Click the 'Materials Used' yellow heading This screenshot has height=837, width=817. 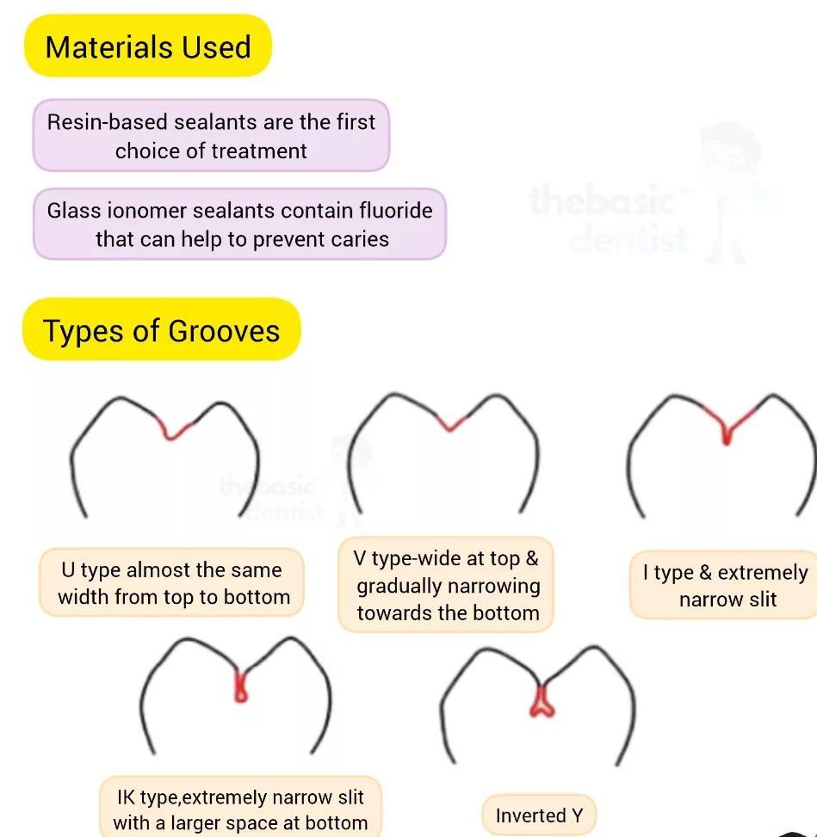pyautogui.click(x=147, y=46)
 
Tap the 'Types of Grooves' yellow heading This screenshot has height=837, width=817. pyautogui.click(x=162, y=330)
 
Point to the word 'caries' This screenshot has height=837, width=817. pyautogui.click(x=361, y=239)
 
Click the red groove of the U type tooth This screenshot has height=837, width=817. pyautogui.click(x=175, y=429)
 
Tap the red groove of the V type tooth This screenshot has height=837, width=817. pyautogui.click(x=451, y=422)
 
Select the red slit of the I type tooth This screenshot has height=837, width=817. pyautogui.click(x=727, y=430)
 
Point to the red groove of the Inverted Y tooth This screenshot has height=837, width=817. pyautogui.click(x=541, y=701)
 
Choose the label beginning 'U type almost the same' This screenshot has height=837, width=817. pyautogui.click(x=172, y=583)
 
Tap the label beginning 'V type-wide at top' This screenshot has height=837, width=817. pyautogui.click(x=446, y=585)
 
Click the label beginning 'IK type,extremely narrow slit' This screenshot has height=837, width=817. pyautogui.click(x=240, y=809)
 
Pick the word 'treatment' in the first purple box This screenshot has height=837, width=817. pyautogui.click(x=259, y=151)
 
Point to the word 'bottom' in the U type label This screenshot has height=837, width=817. pyautogui.click(x=255, y=597)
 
